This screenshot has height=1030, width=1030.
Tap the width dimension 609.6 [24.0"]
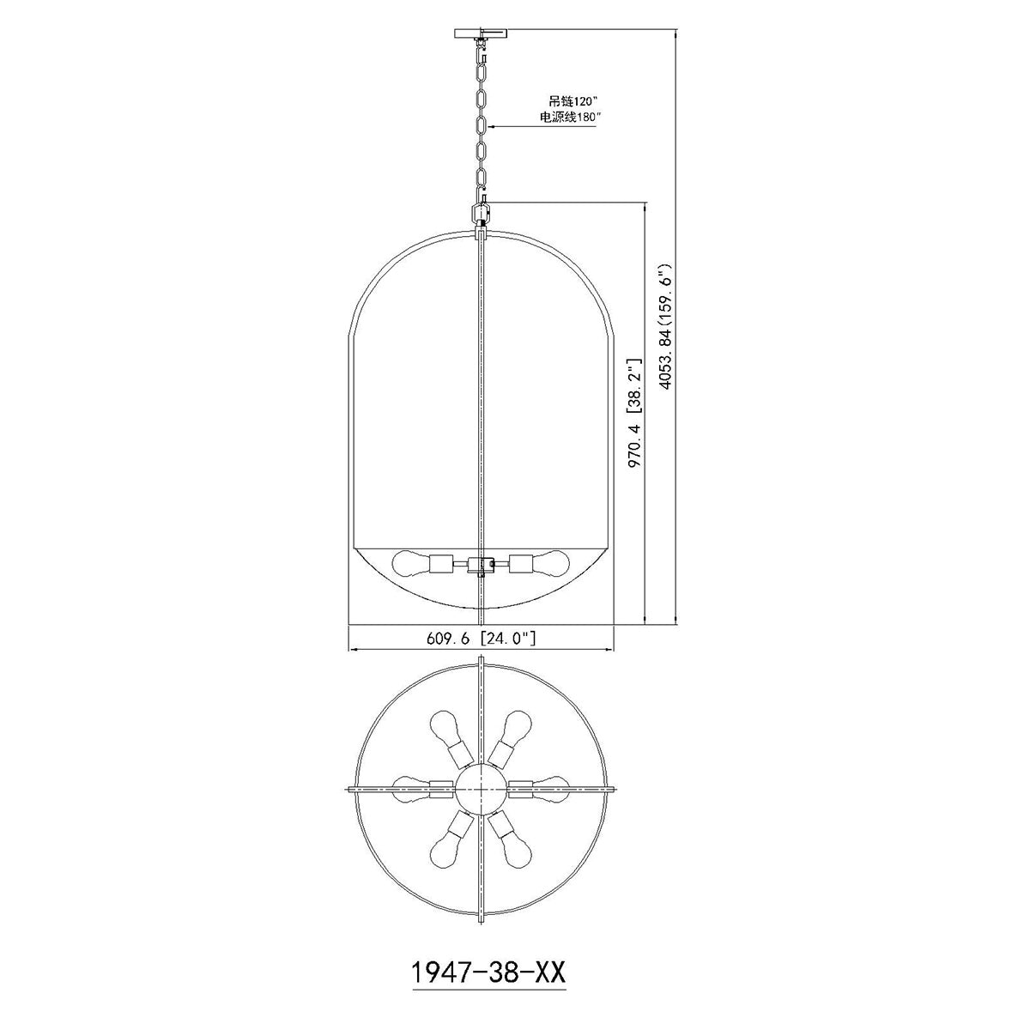click(481, 638)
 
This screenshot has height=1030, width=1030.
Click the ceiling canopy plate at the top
click(481, 33)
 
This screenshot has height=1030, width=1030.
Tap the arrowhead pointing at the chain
click(492, 127)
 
